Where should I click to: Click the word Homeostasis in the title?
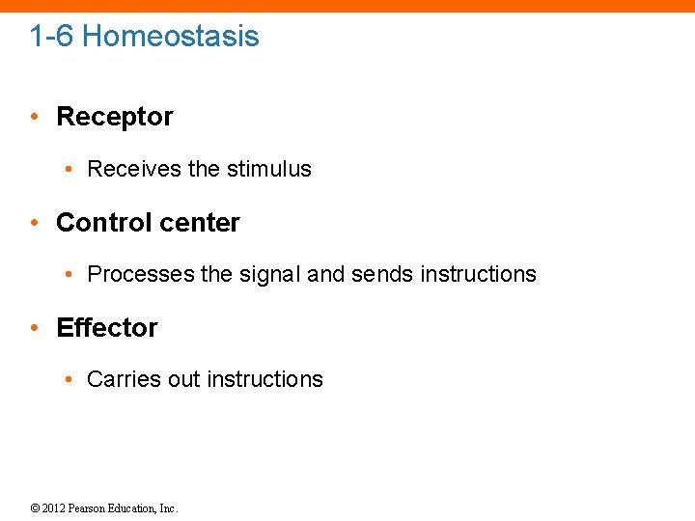tap(170, 37)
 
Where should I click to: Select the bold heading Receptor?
tap(115, 117)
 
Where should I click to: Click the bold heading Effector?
tap(107, 328)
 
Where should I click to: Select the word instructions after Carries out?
tap(264, 379)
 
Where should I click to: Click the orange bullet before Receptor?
tap(34, 118)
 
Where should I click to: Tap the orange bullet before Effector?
tap(34, 329)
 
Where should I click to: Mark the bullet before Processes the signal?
tap(70, 275)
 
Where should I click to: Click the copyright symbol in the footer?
tap(35, 508)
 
